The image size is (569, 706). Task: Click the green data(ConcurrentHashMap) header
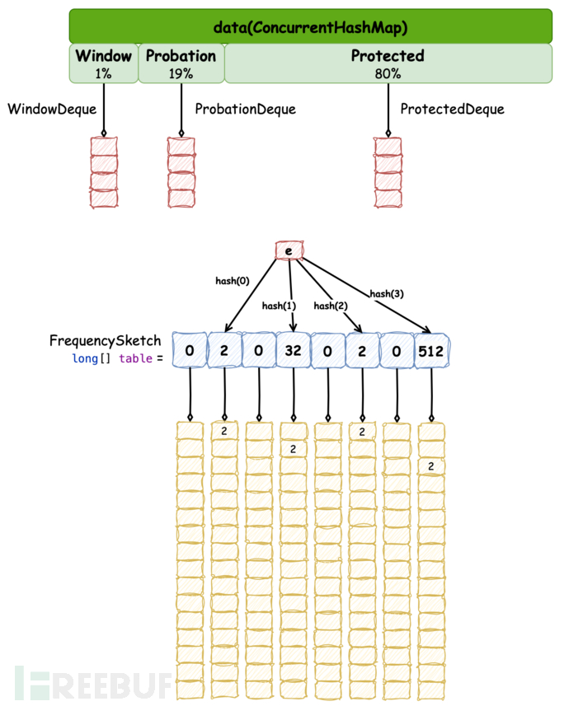(x=310, y=26)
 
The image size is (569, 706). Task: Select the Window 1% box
(x=103, y=63)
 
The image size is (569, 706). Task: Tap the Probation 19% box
(x=181, y=63)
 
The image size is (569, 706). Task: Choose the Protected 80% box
(x=388, y=63)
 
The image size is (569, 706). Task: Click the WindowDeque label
(x=52, y=109)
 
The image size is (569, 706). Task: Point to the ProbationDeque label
(x=245, y=109)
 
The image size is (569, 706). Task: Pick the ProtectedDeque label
(x=452, y=109)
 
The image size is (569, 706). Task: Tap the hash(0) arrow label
(x=232, y=280)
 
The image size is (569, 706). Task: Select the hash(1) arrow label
(x=278, y=306)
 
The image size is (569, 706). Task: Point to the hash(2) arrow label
(x=330, y=306)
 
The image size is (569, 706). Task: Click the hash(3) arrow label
(x=385, y=293)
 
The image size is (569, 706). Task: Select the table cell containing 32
(x=293, y=350)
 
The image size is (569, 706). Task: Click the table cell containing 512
(x=431, y=350)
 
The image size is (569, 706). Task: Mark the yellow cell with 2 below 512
(x=431, y=467)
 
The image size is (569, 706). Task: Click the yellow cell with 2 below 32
(x=293, y=449)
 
